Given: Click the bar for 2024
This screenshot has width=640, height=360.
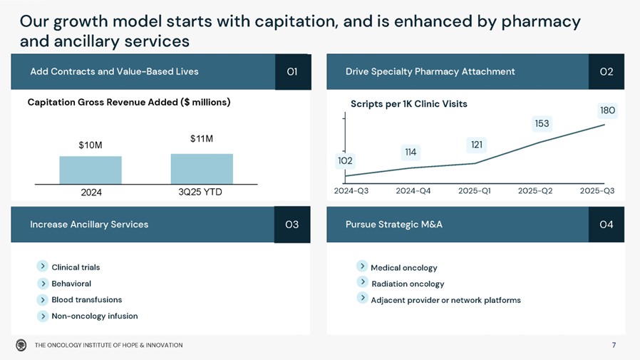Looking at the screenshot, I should pyautogui.click(x=91, y=170).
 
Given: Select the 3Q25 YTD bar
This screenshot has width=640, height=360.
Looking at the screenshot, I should pyautogui.click(x=202, y=169).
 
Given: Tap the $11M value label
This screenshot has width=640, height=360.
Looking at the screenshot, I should pyautogui.click(x=202, y=138).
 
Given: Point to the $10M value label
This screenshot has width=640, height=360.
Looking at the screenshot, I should pyautogui.click(x=91, y=145).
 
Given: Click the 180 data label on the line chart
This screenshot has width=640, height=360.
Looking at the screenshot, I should pyautogui.click(x=607, y=110).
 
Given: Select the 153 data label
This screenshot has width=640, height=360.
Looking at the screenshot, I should pyautogui.click(x=542, y=124).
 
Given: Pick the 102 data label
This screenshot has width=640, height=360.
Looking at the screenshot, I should pyautogui.click(x=345, y=161).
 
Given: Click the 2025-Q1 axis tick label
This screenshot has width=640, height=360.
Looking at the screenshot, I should pyautogui.click(x=475, y=191).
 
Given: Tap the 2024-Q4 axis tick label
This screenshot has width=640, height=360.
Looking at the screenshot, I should pyautogui.click(x=413, y=191).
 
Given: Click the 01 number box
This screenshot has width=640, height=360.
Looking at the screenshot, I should pyautogui.click(x=292, y=71).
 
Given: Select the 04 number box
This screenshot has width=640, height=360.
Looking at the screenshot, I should pyautogui.click(x=607, y=225).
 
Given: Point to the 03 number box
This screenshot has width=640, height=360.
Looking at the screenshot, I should pyautogui.click(x=292, y=225).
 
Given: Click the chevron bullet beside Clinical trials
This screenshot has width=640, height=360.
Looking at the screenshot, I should pyautogui.click(x=43, y=267).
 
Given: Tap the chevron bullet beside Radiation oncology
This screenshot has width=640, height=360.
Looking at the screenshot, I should pyautogui.click(x=362, y=282).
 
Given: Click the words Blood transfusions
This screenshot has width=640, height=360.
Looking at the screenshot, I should pyautogui.click(x=86, y=299).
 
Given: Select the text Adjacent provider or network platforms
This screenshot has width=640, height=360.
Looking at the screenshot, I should pyautogui.click(x=445, y=300).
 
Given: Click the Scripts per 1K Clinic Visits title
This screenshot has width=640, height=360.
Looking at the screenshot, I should pyautogui.click(x=408, y=104).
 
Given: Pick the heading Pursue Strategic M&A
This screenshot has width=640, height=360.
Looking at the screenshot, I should pyautogui.click(x=393, y=225).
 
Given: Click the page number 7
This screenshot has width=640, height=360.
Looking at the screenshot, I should pyautogui.click(x=614, y=346).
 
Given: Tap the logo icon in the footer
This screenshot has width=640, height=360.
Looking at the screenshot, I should pyautogui.click(x=21, y=345).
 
